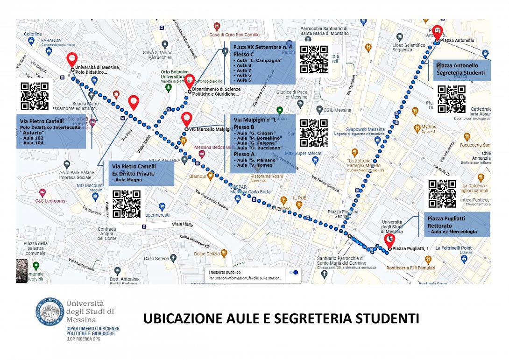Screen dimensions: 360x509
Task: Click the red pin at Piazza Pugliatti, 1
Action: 389,240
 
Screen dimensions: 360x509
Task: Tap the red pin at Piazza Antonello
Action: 436,31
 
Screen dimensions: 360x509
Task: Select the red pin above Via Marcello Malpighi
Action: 187,119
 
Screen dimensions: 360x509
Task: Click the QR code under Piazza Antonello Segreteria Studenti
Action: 451,99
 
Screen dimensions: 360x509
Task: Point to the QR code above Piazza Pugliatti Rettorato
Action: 442,194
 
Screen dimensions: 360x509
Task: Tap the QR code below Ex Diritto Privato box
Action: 127,204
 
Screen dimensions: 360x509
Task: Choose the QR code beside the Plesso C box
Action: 314,59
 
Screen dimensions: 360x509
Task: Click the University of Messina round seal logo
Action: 49,314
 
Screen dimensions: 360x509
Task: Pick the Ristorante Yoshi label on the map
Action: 264,176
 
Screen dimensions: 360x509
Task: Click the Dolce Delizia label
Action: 206,254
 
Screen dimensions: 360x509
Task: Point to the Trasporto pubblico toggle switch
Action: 293,272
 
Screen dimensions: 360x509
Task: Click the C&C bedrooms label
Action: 50,201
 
